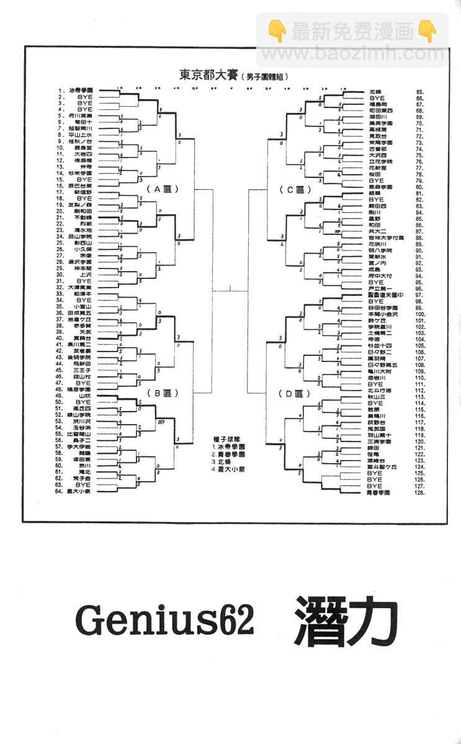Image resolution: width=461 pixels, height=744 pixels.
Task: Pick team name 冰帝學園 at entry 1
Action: click(81, 91)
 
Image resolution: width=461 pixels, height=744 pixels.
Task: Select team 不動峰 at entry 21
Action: click(83, 218)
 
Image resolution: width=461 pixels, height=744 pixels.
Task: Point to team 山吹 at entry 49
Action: click(86, 396)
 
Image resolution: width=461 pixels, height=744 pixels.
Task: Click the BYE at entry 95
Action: click(377, 282)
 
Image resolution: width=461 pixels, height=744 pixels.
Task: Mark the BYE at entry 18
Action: click(84, 198)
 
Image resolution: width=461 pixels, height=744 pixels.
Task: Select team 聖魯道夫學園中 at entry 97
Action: click(385, 294)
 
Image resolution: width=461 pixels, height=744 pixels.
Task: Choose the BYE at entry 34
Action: click(84, 300)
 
